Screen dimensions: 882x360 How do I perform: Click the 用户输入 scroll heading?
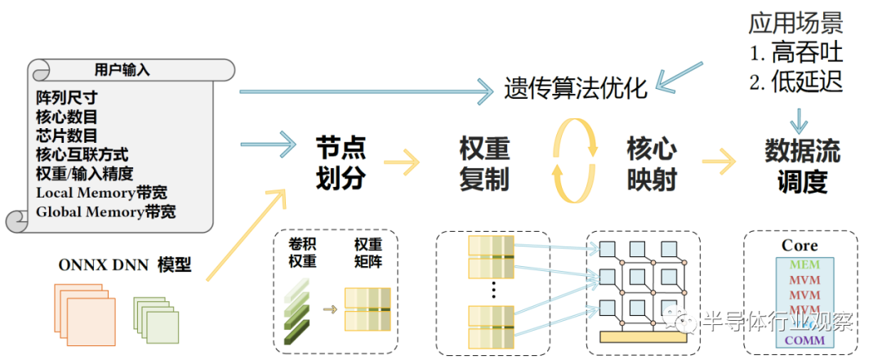point(122,70)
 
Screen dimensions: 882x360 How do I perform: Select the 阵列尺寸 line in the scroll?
point(67,98)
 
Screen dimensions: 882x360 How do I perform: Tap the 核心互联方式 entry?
point(82,154)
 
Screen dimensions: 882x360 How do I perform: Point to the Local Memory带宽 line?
point(102,193)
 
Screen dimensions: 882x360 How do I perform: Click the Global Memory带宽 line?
point(105,211)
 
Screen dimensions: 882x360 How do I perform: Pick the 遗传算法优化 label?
point(576,89)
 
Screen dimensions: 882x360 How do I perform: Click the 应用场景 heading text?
point(795,24)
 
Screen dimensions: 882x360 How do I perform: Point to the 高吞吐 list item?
point(796,53)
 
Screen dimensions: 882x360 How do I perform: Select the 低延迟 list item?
point(796,82)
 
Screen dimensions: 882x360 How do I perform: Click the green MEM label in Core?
point(805,264)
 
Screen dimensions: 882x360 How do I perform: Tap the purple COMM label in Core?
point(805,340)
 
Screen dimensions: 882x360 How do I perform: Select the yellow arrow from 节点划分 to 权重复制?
point(402,163)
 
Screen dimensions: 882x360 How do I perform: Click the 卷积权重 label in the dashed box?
point(303,252)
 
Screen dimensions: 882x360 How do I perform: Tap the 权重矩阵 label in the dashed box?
point(367,252)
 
